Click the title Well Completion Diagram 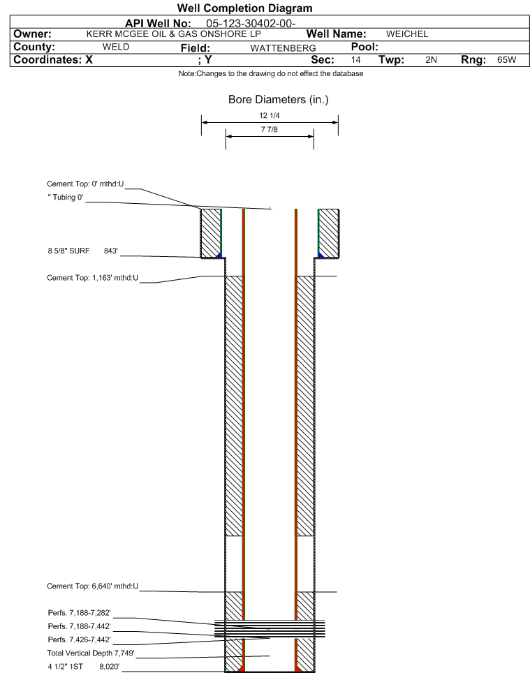pos(244,8)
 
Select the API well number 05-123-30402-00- pos(251,24)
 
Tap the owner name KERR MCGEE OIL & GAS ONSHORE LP pos(173,34)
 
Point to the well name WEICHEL pos(407,34)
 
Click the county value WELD pos(116,47)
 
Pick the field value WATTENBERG pos(283,48)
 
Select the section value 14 pos(355,59)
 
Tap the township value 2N pos(432,59)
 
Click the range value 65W pos(507,59)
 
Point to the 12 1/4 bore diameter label pos(270,115)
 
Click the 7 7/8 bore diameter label pos(270,129)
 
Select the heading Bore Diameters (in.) pos(278,100)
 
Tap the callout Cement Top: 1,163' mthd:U pos(93,278)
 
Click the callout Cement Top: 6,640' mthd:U pos(93,586)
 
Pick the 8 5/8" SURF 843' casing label pos(83,251)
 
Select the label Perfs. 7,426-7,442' pos(80,639)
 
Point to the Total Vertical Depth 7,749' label pos(91,653)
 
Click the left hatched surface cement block pos(211,233)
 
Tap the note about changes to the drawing pos(271,73)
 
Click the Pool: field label pos(365,47)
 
